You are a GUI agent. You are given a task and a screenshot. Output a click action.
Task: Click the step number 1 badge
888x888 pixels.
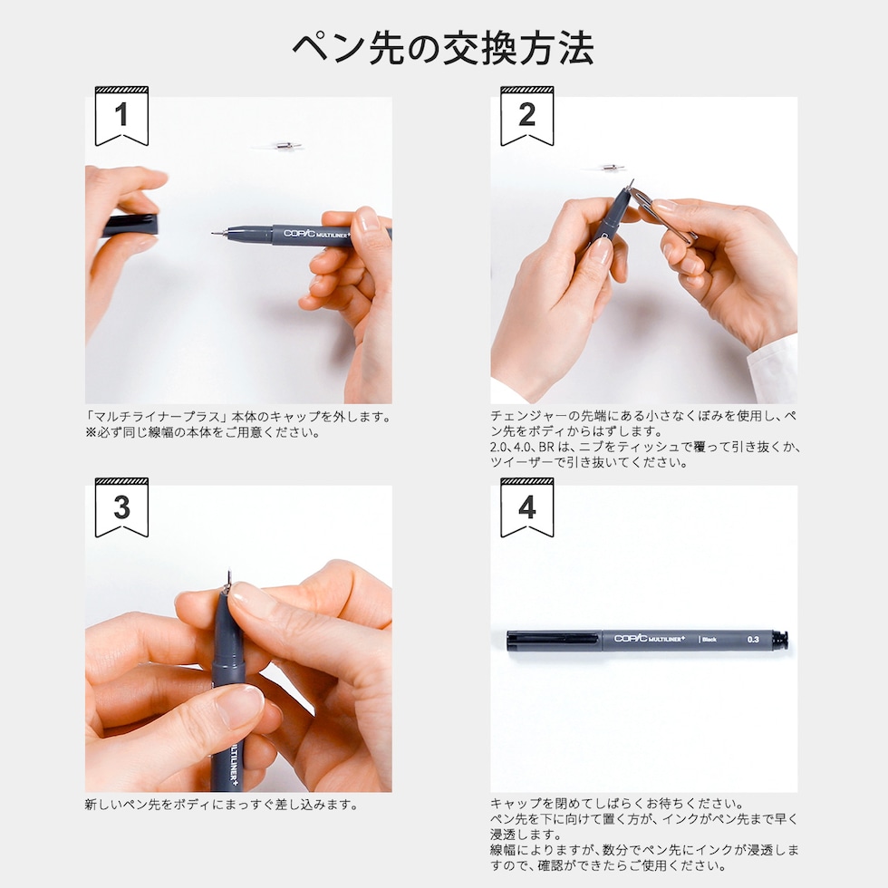tap(121, 116)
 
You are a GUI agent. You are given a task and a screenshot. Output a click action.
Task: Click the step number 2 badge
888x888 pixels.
tap(527, 116)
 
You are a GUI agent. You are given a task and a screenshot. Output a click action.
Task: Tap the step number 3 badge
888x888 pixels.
tap(121, 507)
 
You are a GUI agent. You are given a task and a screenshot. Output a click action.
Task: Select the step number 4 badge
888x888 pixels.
tap(527, 507)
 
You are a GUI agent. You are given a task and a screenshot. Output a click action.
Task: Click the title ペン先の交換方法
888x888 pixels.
tap(443, 48)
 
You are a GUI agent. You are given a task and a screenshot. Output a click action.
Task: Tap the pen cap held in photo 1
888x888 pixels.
tap(130, 226)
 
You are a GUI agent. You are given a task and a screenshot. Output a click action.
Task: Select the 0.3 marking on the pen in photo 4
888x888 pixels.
tap(753, 640)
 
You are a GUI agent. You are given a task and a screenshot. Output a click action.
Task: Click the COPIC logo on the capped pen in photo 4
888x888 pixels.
tap(631, 638)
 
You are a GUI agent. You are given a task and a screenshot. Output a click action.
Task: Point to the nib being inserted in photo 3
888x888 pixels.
tap(228, 580)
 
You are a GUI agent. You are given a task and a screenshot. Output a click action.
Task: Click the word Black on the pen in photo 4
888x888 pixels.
tap(709, 640)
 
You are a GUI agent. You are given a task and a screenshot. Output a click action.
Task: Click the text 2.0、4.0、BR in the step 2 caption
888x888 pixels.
tap(522, 447)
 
